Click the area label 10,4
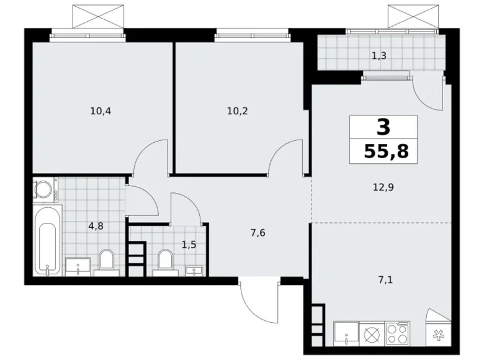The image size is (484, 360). point(100,112)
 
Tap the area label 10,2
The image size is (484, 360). point(236,112)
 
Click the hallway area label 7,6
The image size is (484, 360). point(241,233)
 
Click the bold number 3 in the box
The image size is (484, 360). point(383,127)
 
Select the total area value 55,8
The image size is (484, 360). point(383,151)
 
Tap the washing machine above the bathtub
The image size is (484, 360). point(45,190)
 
